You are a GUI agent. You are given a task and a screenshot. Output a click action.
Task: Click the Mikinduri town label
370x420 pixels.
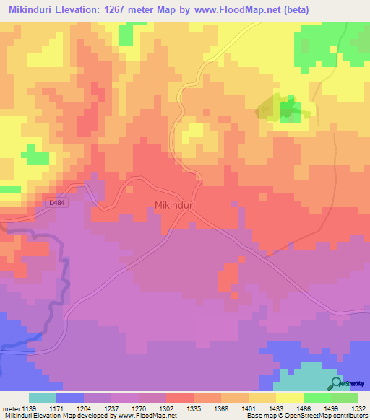point(176,205)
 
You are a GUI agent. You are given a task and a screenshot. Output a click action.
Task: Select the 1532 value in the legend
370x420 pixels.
point(358,408)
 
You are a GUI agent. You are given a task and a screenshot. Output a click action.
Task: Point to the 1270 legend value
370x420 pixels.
point(139,408)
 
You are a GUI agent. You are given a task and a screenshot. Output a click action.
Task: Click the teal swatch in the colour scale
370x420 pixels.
point(43,398)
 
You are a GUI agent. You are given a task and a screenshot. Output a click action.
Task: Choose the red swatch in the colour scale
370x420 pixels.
point(180,398)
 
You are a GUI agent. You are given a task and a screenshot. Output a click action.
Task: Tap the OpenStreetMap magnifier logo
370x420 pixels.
point(335,383)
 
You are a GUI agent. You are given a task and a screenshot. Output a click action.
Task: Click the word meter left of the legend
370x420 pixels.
point(11,408)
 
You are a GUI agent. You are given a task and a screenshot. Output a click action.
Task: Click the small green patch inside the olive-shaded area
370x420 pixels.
point(291,109)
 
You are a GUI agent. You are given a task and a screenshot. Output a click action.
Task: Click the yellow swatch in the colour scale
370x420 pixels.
point(290,398)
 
